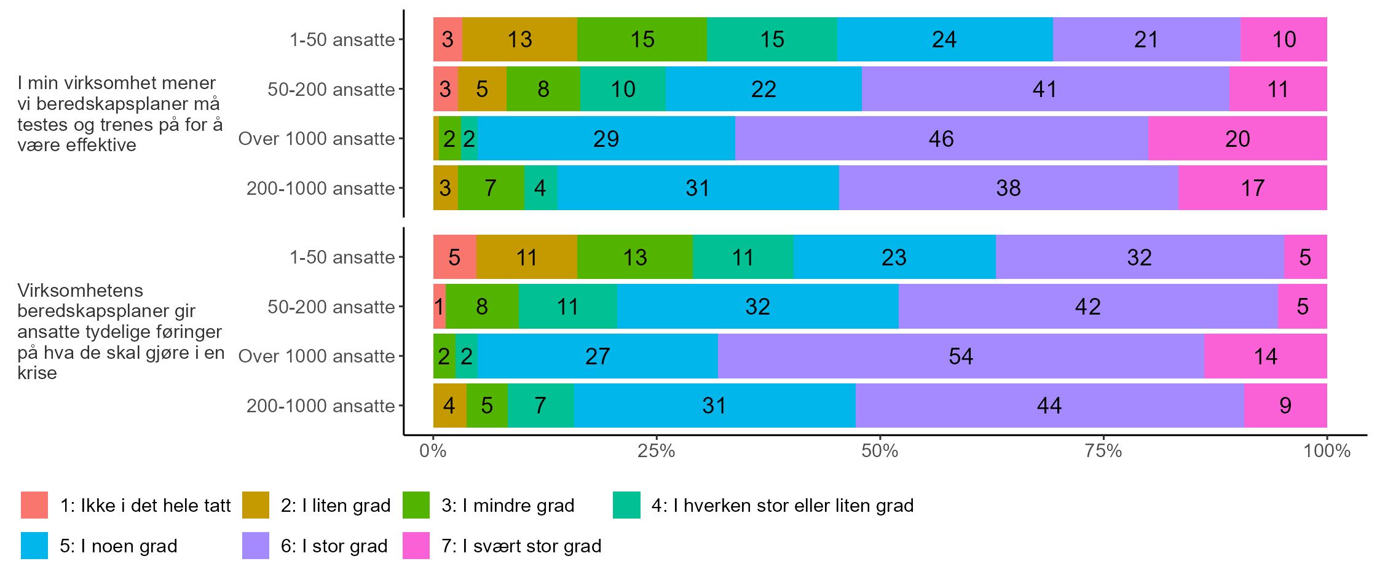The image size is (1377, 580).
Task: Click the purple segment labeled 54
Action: click(961, 356)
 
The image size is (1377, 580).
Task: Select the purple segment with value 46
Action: click(941, 139)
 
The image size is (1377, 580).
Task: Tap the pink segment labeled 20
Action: click(1237, 139)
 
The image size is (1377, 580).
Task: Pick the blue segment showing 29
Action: click(606, 139)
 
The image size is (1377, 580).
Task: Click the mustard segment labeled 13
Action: click(519, 40)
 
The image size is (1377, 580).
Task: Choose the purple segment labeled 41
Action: click(1044, 90)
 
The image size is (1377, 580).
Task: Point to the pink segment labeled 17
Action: click(1252, 188)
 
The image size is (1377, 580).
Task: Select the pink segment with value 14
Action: click(1265, 356)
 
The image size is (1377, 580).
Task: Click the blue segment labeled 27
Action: click(598, 356)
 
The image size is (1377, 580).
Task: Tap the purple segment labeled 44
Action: click(1049, 406)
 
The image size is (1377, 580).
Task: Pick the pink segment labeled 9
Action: click(1285, 406)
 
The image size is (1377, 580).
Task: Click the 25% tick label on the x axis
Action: click(656, 452)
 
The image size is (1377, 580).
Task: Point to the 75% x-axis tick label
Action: click(1103, 452)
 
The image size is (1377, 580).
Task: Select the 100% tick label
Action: click(1327, 452)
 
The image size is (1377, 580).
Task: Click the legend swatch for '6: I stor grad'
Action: click(256, 546)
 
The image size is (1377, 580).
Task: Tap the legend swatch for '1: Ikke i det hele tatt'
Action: click(34, 505)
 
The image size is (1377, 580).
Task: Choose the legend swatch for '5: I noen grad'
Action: click(34, 546)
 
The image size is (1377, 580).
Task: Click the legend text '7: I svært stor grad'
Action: click(521, 546)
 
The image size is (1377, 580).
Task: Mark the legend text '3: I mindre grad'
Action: click(508, 505)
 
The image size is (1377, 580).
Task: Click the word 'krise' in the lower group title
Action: click(37, 373)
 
